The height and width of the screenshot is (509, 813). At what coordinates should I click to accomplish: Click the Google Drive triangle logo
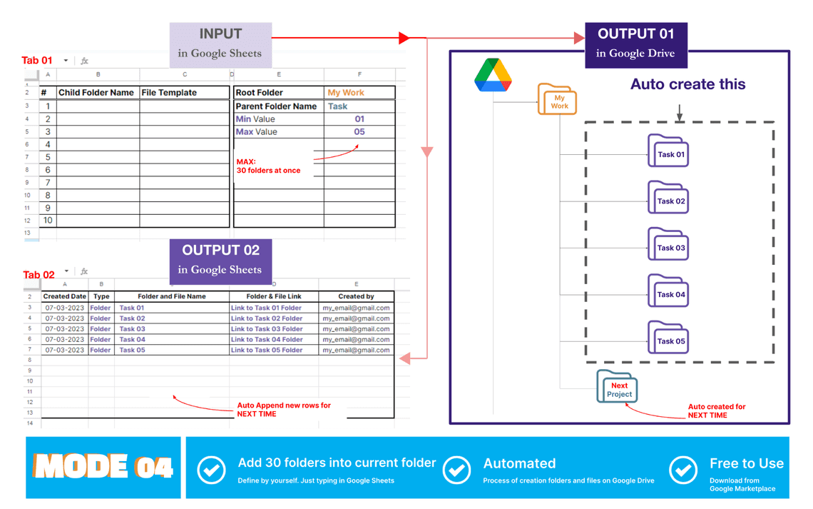(493, 75)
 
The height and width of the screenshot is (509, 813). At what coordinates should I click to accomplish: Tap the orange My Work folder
(557, 100)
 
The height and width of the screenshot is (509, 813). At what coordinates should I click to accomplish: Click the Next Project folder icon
(618, 387)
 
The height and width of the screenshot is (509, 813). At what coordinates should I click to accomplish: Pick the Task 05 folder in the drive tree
(668, 338)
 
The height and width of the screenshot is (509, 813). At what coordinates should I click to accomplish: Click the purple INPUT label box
(220, 42)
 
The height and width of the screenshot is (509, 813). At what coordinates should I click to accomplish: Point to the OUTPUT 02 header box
(220, 258)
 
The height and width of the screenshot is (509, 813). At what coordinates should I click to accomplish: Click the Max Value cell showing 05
(359, 132)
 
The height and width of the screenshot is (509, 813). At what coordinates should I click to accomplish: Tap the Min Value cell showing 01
(359, 119)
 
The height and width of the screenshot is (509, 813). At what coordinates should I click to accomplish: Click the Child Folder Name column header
(97, 93)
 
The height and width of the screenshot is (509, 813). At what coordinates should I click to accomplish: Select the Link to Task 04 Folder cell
(267, 340)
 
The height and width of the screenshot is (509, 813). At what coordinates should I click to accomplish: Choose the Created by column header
(356, 296)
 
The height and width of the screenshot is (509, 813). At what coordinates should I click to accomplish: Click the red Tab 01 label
(37, 61)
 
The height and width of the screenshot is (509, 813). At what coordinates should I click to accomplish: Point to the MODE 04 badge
(103, 468)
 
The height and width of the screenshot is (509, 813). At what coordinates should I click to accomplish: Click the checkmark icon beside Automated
(456, 470)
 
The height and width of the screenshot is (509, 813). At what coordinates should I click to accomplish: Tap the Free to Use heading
(746, 463)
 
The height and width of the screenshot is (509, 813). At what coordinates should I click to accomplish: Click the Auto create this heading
(687, 84)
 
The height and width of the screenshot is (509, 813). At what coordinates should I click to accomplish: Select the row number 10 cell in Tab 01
(48, 221)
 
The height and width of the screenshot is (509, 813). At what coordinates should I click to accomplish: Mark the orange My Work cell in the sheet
(346, 93)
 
